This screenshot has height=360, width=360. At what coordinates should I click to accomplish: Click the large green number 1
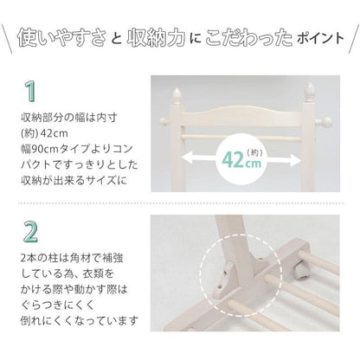coord(29,91)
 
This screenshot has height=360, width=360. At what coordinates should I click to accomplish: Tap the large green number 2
coord(30,232)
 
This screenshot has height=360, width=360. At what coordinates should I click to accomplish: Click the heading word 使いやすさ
coord(61,38)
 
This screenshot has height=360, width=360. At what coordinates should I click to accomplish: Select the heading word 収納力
coord(156,38)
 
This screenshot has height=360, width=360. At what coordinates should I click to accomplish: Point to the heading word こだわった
coord(248,38)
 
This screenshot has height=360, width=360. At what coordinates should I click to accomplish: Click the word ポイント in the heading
coord(320,39)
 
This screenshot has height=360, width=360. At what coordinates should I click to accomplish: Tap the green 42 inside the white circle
coord(233,160)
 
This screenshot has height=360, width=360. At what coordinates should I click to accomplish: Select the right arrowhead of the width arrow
coord(295,160)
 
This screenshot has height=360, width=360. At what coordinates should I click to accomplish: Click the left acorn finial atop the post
coord(177,96)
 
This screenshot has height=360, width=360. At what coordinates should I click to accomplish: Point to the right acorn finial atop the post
coord(309,91)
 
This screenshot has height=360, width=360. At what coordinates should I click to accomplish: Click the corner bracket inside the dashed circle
coord(224,280)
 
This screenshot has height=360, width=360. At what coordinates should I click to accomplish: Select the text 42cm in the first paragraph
coord(55,133)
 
